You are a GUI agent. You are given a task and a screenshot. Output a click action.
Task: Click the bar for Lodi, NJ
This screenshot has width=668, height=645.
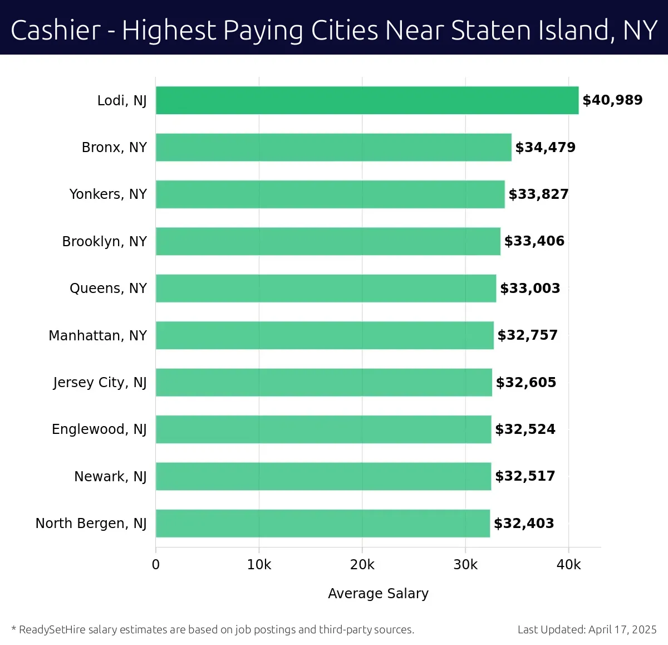click(x=367, y=100)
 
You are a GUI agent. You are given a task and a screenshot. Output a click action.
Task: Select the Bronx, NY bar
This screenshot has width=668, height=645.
click(x=333, y=147)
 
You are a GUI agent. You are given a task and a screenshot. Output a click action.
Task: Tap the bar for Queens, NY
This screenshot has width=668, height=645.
click(x=326, y=288)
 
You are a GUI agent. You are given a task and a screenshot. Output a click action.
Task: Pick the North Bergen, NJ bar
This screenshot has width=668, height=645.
click(x=323, y=523)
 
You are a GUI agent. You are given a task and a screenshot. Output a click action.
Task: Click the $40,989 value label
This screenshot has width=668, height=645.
click(x=612, y=100)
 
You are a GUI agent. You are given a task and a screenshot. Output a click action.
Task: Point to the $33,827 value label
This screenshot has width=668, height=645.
click(x=538, y=194)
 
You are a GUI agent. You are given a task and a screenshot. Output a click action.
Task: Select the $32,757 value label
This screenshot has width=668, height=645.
click(x=527, y=335)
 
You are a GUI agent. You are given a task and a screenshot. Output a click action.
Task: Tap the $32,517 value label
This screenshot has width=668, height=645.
click(x=525, y=476)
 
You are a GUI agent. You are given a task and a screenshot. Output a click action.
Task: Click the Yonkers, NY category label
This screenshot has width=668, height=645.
click(x=108, y=194)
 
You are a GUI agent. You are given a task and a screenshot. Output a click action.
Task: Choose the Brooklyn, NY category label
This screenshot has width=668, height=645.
click(x=105, y=241)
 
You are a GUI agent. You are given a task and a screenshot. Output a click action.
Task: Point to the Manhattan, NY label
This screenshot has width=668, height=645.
click(x=98, y=335)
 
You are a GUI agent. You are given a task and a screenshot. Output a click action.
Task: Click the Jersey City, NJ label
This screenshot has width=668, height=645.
click(x=100, y=383)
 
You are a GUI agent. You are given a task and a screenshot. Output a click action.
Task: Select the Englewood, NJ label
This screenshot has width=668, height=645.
click(x=99, y=429)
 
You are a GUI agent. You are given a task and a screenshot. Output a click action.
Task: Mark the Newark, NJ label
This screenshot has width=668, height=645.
click(x=110, y=476)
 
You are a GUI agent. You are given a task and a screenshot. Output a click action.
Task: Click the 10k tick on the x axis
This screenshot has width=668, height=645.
click(x=259, y=565)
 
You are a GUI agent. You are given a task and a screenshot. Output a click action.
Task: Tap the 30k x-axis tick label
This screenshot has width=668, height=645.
click(x=465, y=565)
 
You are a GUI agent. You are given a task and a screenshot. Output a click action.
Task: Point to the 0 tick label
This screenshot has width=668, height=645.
click(x=156, y=565)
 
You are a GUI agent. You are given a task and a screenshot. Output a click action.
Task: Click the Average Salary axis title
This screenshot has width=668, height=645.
click(x=378, y=594)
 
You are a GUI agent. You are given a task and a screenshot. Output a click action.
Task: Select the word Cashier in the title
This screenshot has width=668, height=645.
click(x=56, y=30)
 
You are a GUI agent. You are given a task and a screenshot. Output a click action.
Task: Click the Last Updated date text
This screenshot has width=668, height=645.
click(x=587, y=629)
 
